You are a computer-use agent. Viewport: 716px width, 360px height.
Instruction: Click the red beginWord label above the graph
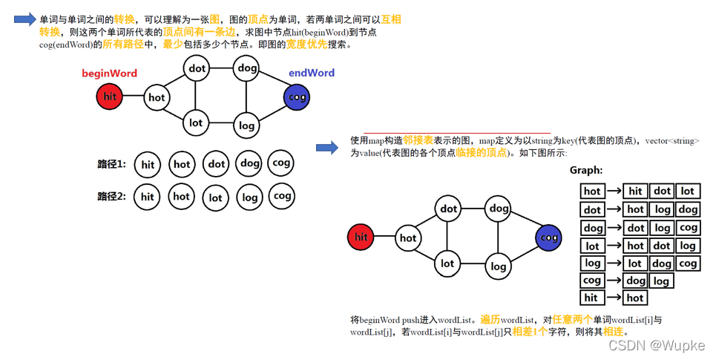click(109, 73)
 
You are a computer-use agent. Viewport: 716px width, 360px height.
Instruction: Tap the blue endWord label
click(311, 73)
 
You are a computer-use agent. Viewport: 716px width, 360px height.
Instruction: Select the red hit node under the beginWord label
click(110, 96)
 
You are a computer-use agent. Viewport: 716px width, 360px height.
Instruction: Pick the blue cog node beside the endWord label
click(297, 96)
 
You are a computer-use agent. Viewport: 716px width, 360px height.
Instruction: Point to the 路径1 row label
click(111, 164)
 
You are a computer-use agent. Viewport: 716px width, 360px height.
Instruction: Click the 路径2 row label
click(111, 197)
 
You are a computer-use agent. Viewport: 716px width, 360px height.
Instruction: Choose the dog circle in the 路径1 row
click(250, 164)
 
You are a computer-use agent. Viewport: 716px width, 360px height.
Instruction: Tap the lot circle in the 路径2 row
click(215, 197)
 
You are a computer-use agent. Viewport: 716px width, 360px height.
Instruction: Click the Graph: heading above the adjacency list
click(586, 171)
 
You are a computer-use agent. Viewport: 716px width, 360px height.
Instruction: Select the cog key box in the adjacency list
click(592, 281)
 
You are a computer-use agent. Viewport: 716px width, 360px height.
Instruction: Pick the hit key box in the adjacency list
click(591, 298)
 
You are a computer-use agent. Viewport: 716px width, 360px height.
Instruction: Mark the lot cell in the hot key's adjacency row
click(688, 191)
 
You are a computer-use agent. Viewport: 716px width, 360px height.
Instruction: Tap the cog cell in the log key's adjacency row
click(688, 263)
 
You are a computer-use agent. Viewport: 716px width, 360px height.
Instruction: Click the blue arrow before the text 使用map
click(327, 148)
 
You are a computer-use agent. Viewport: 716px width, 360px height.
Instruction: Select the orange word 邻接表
click(418, 140)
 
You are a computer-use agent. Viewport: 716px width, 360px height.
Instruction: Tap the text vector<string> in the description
click(672, 140)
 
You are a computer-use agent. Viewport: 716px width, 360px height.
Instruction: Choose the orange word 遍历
click(490, 320)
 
